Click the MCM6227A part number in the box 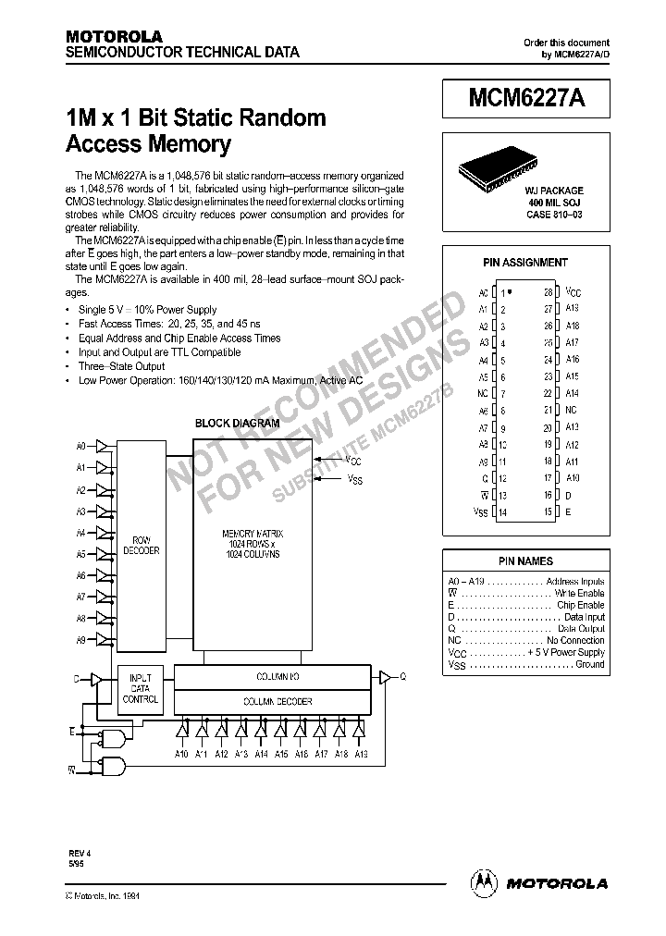point(525,99)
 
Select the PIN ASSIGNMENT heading point(525,263)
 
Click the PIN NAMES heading point(525,560)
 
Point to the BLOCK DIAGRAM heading point(237,424)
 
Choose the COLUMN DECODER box point(277,702)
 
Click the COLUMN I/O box point(277,678)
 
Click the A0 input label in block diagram point(80,446)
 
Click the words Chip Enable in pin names point(584,605)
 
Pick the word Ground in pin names point(589,664)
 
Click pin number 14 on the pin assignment point(503,511)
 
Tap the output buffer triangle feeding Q point(382,677)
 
